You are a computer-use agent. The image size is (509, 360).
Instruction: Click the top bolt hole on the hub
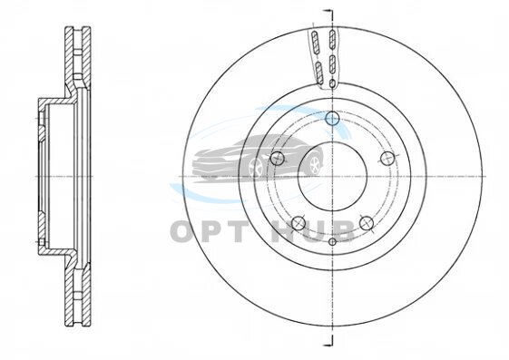(x=332, y=118)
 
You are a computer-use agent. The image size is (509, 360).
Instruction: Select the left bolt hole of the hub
(x=278, y=159)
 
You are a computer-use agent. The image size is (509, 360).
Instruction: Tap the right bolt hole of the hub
(x=387, y=159)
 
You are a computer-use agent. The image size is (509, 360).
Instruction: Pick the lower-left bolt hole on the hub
(x=299, y=223)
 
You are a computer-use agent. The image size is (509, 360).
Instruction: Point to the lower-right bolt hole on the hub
(x=367, y=223)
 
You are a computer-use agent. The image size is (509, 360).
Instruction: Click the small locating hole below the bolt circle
(x=332, y=241)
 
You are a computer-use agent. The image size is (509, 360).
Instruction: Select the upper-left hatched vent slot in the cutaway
(x=315, y=42)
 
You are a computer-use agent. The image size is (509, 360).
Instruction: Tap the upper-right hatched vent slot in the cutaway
(x=332, y=40)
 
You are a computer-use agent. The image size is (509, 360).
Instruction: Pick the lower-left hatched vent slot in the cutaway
(x=318, y=72)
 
